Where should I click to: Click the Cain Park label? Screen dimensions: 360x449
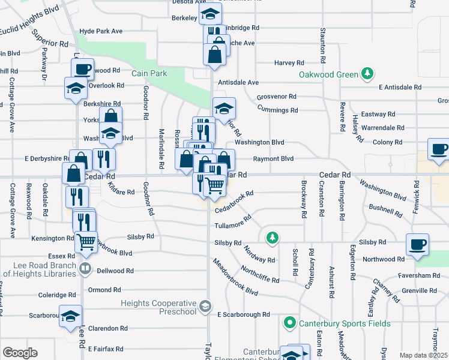(150, 73)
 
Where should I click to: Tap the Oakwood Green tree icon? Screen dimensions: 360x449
(367, 74)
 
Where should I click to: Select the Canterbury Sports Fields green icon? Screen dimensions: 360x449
(289, 323)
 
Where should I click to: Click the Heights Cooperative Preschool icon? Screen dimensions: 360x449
(205, 307)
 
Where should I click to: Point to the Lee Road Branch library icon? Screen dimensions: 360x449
(85, 268)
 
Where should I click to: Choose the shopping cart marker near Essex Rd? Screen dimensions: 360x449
(86, 241)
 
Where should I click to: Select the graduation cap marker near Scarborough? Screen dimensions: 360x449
(70, 316)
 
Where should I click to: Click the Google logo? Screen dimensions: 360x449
(20, 352)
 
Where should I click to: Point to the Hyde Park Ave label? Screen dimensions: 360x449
(100, 31)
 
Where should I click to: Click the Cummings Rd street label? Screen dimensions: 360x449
(277, 110)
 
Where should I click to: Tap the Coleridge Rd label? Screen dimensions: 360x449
(57, 295)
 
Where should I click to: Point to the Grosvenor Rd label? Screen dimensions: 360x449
(276, 97)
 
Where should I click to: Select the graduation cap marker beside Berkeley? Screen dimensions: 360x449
(210, 13)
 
